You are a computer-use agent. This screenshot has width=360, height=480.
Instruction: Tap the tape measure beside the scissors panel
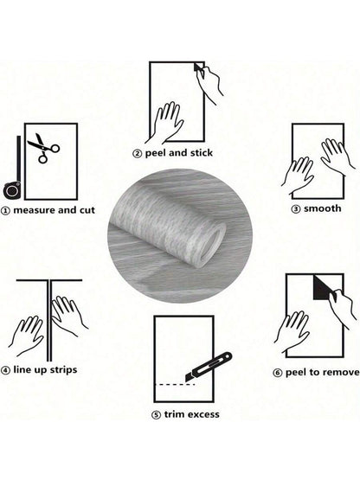pos(12,184)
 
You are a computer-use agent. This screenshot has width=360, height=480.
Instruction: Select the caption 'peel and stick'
pos(184,153)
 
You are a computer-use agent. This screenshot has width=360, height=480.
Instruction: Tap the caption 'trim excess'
pos(190,414)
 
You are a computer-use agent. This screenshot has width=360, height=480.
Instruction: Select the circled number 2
pos(137,153)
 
